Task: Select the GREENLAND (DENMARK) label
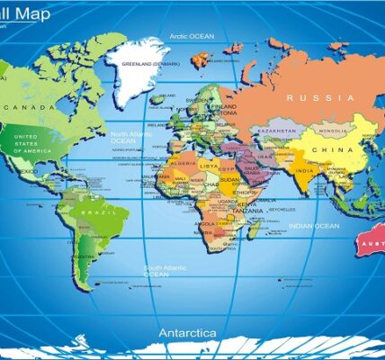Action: (x=149, y=64)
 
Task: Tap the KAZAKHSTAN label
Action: (x=276, y=131)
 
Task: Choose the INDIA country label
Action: (x=305, y=171)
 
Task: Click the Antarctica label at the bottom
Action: (x=187, y=332)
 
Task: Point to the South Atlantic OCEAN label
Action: (x=166, y=270)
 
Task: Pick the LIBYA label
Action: (x=209, y=166)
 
